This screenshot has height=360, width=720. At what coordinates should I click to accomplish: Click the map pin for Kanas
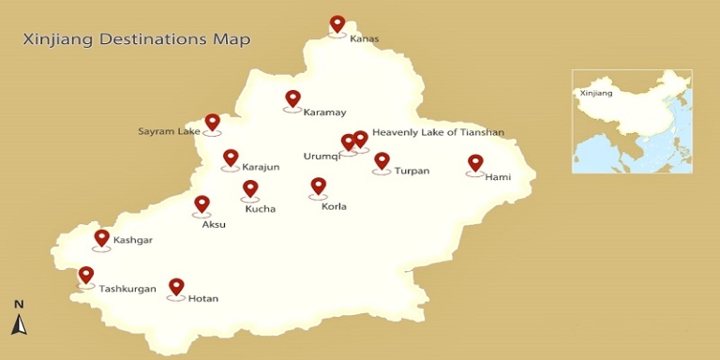coord(337,24)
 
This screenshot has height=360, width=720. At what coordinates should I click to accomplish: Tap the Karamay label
coord(324,112)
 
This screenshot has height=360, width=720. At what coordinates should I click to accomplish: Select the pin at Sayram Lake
coord(212,123)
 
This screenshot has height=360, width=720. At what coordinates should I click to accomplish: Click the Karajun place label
coord(262,168)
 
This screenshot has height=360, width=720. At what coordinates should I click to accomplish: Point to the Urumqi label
coord(321,156)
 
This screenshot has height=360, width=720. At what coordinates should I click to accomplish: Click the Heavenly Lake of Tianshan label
coord(438,133)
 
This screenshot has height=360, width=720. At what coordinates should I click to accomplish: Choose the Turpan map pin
coord(382,161)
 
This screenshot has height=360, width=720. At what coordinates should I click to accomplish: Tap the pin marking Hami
coord(475,163)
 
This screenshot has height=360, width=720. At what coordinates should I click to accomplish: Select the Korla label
coord(334,206)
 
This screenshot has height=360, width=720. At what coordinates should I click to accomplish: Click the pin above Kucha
coord(250,188)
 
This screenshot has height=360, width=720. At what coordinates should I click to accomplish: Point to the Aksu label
coord(215,225)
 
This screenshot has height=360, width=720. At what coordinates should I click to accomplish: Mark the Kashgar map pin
coord(102,238)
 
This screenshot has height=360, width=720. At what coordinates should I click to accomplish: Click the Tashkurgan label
coord(127,289)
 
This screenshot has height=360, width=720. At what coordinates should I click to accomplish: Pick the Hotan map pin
coord(176,287)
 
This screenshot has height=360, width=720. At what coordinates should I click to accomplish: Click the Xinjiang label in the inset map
coord(596,94)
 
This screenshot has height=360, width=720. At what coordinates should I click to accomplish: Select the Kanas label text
coord(365,39)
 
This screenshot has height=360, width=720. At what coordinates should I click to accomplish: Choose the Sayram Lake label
coord(170,131)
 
